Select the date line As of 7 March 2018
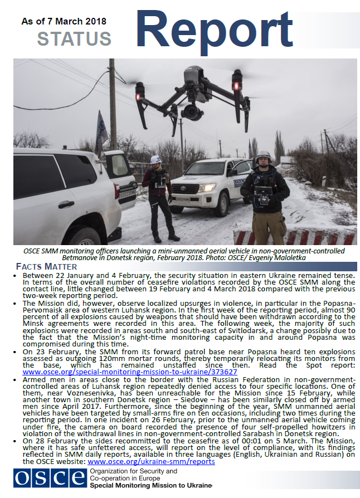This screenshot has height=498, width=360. coord(63,21)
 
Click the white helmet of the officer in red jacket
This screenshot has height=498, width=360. coord(156,159)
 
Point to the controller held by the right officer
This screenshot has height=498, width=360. coord(264,194)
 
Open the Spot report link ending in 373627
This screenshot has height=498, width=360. coord(130,372)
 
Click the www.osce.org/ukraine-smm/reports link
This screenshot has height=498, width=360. coord(151,461)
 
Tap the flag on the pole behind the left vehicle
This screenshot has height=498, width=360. coord(101,129)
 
